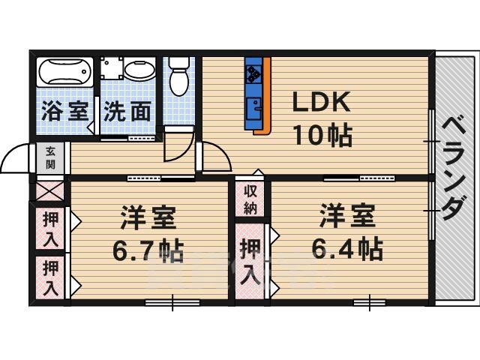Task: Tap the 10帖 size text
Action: [322, 135]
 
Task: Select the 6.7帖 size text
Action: [148, 252]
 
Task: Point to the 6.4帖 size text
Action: [347, 247]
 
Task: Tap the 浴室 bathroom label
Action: [63, 112]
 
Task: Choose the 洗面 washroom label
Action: [127, 112]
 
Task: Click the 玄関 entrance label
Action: [49, 158]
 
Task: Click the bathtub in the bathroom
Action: [64, 73]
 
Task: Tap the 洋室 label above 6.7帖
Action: [148, 219]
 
